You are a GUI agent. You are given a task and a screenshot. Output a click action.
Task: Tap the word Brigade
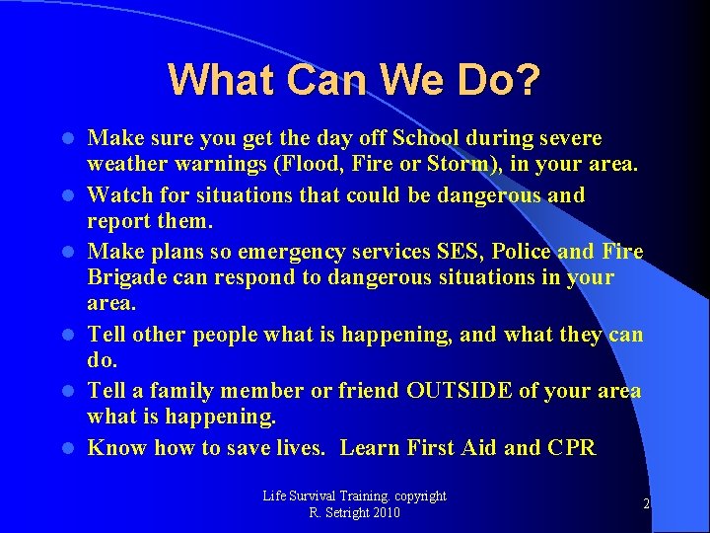pyautogui.click(x=124, y=277)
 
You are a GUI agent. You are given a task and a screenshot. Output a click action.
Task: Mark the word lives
pyautogui.click(x=300, y=448)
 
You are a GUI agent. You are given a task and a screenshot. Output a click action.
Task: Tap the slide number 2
pyautogui.click(x=646, y=504)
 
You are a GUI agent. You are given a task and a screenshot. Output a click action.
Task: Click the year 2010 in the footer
pyautogui.click(x=387, y=513)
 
